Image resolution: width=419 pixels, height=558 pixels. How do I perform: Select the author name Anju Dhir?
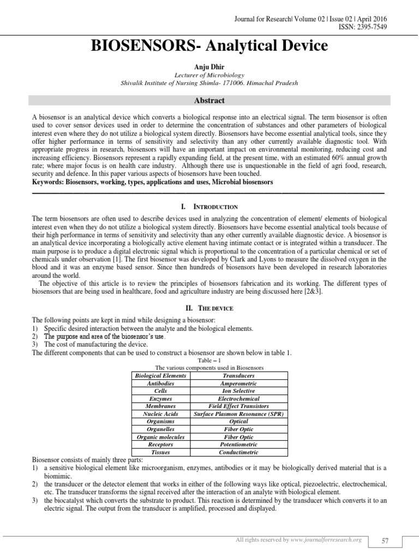209,66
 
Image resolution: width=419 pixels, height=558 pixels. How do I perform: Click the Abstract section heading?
210,101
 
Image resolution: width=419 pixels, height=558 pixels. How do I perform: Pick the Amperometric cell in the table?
239,384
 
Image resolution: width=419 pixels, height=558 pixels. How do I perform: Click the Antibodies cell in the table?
160,384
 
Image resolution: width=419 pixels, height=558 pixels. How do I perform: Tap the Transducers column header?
239,376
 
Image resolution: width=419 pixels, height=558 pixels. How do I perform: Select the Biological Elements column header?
160,376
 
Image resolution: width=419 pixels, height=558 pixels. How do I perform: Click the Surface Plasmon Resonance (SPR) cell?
239,414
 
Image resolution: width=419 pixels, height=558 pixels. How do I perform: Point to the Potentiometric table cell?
239,445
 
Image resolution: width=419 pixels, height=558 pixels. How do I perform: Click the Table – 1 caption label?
209,360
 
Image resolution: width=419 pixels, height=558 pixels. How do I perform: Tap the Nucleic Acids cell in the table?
160,414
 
